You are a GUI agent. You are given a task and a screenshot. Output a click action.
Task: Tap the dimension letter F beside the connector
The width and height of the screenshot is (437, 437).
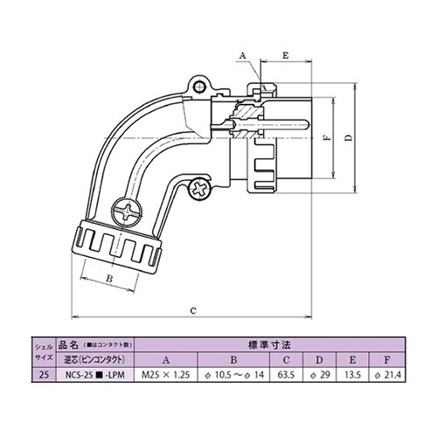324,139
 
